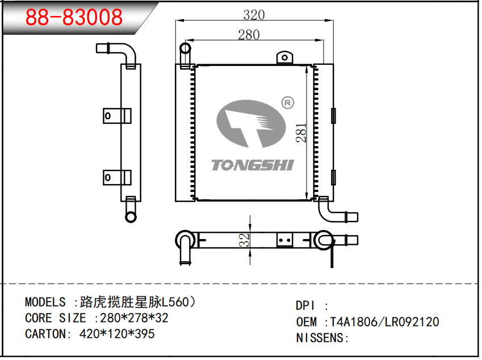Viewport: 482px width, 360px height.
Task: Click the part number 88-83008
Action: tap(74, 18)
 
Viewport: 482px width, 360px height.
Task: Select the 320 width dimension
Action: tap(254, 15)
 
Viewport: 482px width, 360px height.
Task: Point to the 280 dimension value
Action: tap(249, 35)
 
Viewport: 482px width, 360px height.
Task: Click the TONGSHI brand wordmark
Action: tap(252, 165)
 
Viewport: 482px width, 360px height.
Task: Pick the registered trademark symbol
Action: tap(287, 103)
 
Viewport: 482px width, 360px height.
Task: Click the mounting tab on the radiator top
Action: tap(284, 57)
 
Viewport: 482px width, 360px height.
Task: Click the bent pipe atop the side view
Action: tap(128, 56)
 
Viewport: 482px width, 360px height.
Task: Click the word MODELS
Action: tap(45, 302)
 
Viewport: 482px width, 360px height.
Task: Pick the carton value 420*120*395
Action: tap(116, 334)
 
